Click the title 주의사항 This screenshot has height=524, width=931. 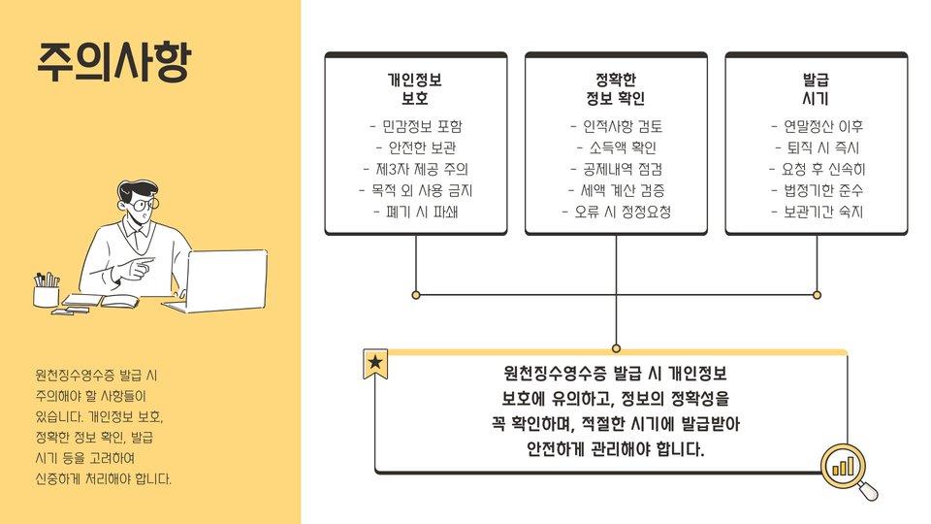[x=114, y=62]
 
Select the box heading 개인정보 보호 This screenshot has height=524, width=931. [x=415, y=89]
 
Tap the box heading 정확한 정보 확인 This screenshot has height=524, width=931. [x=616, y=89]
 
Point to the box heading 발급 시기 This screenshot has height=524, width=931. [x=817, y=89]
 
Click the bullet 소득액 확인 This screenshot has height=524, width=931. [x=616, y=147]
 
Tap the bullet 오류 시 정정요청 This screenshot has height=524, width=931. [x=616, y=212]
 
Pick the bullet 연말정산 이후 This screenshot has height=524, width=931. [x=817, y=126]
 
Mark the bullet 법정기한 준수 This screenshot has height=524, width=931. [x=817, y=190]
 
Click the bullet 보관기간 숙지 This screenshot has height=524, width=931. [x=817, y=212]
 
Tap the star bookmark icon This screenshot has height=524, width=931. [x=375, y=364]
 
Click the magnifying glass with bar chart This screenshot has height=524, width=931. [x=846, y=470]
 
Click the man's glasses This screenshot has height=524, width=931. [x=142, y=206]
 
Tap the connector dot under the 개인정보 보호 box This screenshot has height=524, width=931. [x=416, y=294]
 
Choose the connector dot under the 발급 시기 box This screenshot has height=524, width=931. [x=817, y=294]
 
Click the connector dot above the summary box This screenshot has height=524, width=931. [x=616, y=347]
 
